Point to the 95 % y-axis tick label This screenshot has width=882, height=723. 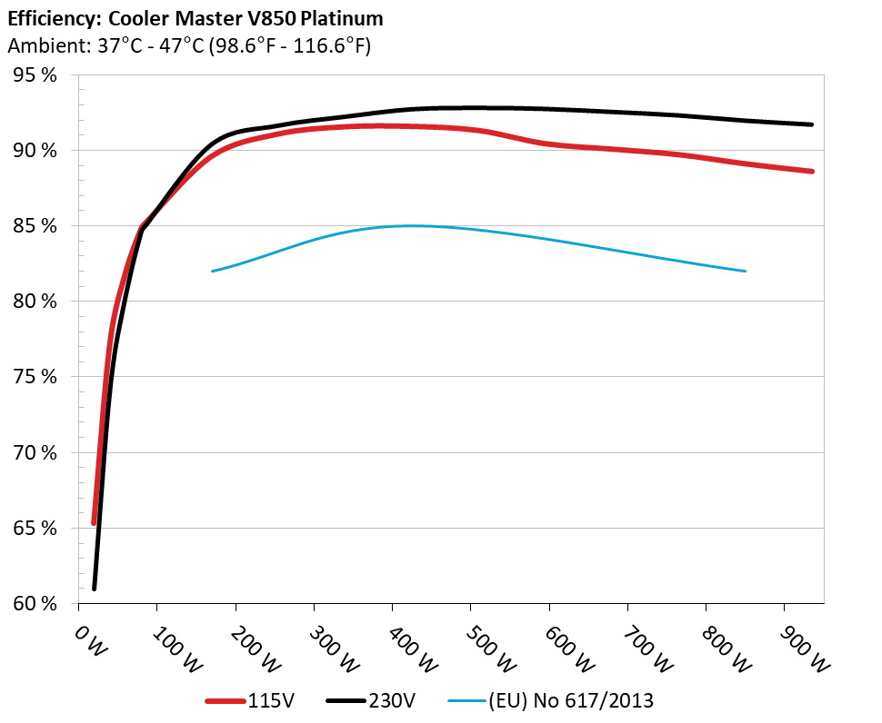coord(35,74)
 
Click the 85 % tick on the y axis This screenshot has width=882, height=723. coord(35,225)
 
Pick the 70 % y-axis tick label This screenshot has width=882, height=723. coord(35,452)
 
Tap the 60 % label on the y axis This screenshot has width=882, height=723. coord(35,603)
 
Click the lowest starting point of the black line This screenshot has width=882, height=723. coord(94,589)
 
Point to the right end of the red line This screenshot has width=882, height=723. coord(811,171)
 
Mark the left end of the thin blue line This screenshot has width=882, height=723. coord(212,271)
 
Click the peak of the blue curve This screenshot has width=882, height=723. coord(409,225)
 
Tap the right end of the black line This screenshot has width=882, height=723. coord(811,124)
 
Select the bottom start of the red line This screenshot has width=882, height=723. coord(94,522)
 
